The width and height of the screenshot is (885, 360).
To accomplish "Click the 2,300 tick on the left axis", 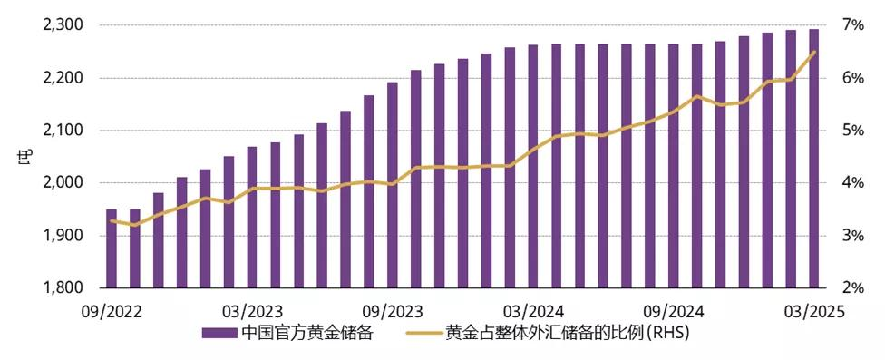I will click(63, 25).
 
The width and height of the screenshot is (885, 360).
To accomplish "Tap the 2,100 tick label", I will click(63, 131).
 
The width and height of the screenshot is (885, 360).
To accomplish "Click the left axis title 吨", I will click(24, 156).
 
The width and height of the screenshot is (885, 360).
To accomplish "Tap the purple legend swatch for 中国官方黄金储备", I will click(219, 333).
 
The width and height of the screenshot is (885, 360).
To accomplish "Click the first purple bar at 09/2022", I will click(112, 248).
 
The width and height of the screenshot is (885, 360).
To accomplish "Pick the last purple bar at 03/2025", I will click(813, 159).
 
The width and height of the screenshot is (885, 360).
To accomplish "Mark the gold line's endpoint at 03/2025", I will click(813, 52).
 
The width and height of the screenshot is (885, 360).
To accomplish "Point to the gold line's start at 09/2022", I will click(112, 220).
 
